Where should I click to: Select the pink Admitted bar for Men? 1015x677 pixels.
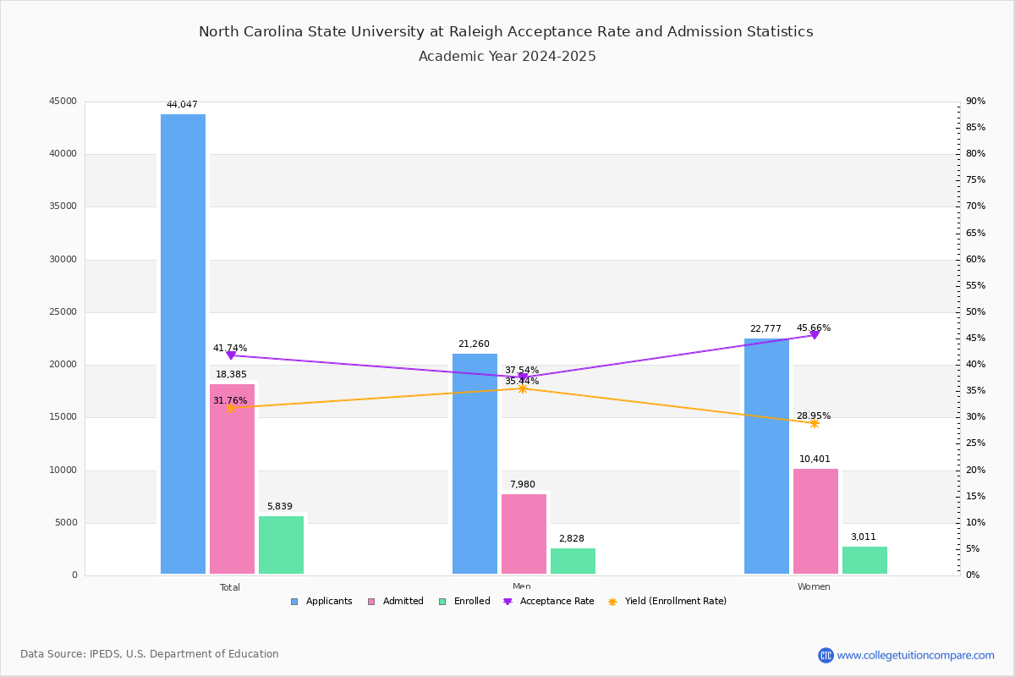coord(524,534)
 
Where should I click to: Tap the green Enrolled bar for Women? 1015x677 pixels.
coord(864,560)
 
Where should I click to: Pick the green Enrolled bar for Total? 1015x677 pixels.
coord(281,545)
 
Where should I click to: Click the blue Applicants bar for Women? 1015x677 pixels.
coord(766,456)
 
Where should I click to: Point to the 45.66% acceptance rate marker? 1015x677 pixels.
coord(815,335)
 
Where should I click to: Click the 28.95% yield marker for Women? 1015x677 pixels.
coord(815,423)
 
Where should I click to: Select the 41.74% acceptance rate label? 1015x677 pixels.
coord(230,348)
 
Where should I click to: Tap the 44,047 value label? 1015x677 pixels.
coord(182,105)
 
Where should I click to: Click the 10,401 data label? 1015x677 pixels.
coord(815,460)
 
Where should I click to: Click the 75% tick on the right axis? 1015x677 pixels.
coord(975,180)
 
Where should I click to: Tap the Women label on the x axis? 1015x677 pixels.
coord(814,587)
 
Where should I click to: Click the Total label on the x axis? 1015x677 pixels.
coord(230,587)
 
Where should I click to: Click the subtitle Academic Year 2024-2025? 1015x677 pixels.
coord(507,57)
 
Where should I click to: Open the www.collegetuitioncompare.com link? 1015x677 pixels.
coord(915,655)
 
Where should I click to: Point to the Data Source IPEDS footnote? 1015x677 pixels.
coord(150,654)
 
